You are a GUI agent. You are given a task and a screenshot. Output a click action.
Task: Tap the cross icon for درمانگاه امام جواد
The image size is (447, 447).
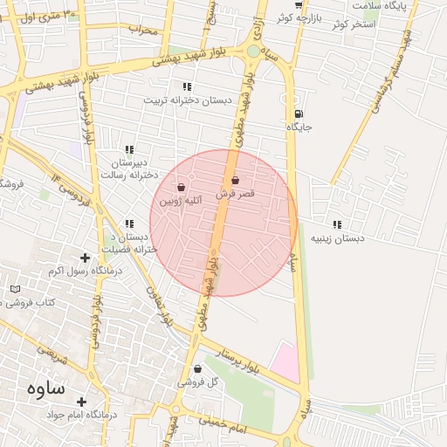[83, 402]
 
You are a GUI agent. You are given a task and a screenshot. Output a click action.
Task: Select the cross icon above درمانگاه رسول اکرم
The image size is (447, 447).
[85, 258]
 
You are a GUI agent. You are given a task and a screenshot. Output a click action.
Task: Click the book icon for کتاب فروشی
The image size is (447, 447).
[15, 289]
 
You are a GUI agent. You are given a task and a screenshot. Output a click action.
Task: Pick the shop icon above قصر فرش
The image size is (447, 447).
[235, 180]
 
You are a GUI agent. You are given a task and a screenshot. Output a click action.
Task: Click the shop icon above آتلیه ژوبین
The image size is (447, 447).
[181, 187]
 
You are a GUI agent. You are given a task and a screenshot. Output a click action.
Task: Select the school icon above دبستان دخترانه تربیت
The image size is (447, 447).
[186, 86]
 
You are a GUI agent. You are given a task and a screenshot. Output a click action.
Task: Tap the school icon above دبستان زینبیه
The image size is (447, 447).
[338, 224]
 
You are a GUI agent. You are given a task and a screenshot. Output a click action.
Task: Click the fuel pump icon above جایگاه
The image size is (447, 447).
[299, 113]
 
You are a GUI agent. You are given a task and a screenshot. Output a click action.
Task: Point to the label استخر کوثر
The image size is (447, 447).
[353, 24]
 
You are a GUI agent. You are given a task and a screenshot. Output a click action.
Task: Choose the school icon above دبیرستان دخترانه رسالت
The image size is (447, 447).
[130, 149]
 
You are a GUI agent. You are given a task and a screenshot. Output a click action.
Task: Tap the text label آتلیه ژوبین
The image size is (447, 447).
[180, 201]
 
